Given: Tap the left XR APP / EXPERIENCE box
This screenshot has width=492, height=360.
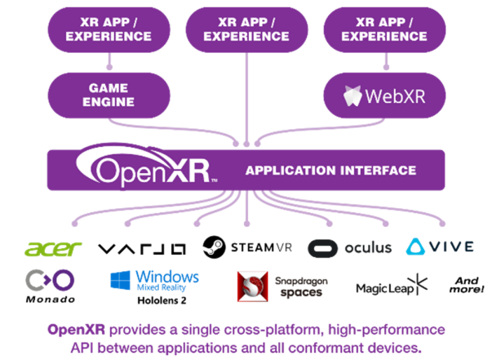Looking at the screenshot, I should click(x=109, y=29).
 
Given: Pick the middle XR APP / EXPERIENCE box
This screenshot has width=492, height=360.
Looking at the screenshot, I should click(x=247, y=29).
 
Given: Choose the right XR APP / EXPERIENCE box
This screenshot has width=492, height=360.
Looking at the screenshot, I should click(x=384, y=29).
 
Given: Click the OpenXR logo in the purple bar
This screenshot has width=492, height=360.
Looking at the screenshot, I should click(x=147, y=168).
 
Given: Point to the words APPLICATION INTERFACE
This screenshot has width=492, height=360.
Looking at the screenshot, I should click(x=330, y=171).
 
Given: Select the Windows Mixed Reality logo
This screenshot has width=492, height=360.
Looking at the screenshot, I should click(x=155, y=281).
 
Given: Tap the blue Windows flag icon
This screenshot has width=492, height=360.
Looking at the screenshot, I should click(x=121, y=281).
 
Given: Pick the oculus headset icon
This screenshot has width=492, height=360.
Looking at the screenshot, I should click(x=324, y=247).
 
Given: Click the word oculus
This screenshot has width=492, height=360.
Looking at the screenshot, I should click(x=368, y=247).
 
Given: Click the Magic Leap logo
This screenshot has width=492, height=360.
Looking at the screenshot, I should click(x=392, y=286).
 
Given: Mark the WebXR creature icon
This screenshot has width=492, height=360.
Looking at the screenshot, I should click(x=353, y=96).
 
